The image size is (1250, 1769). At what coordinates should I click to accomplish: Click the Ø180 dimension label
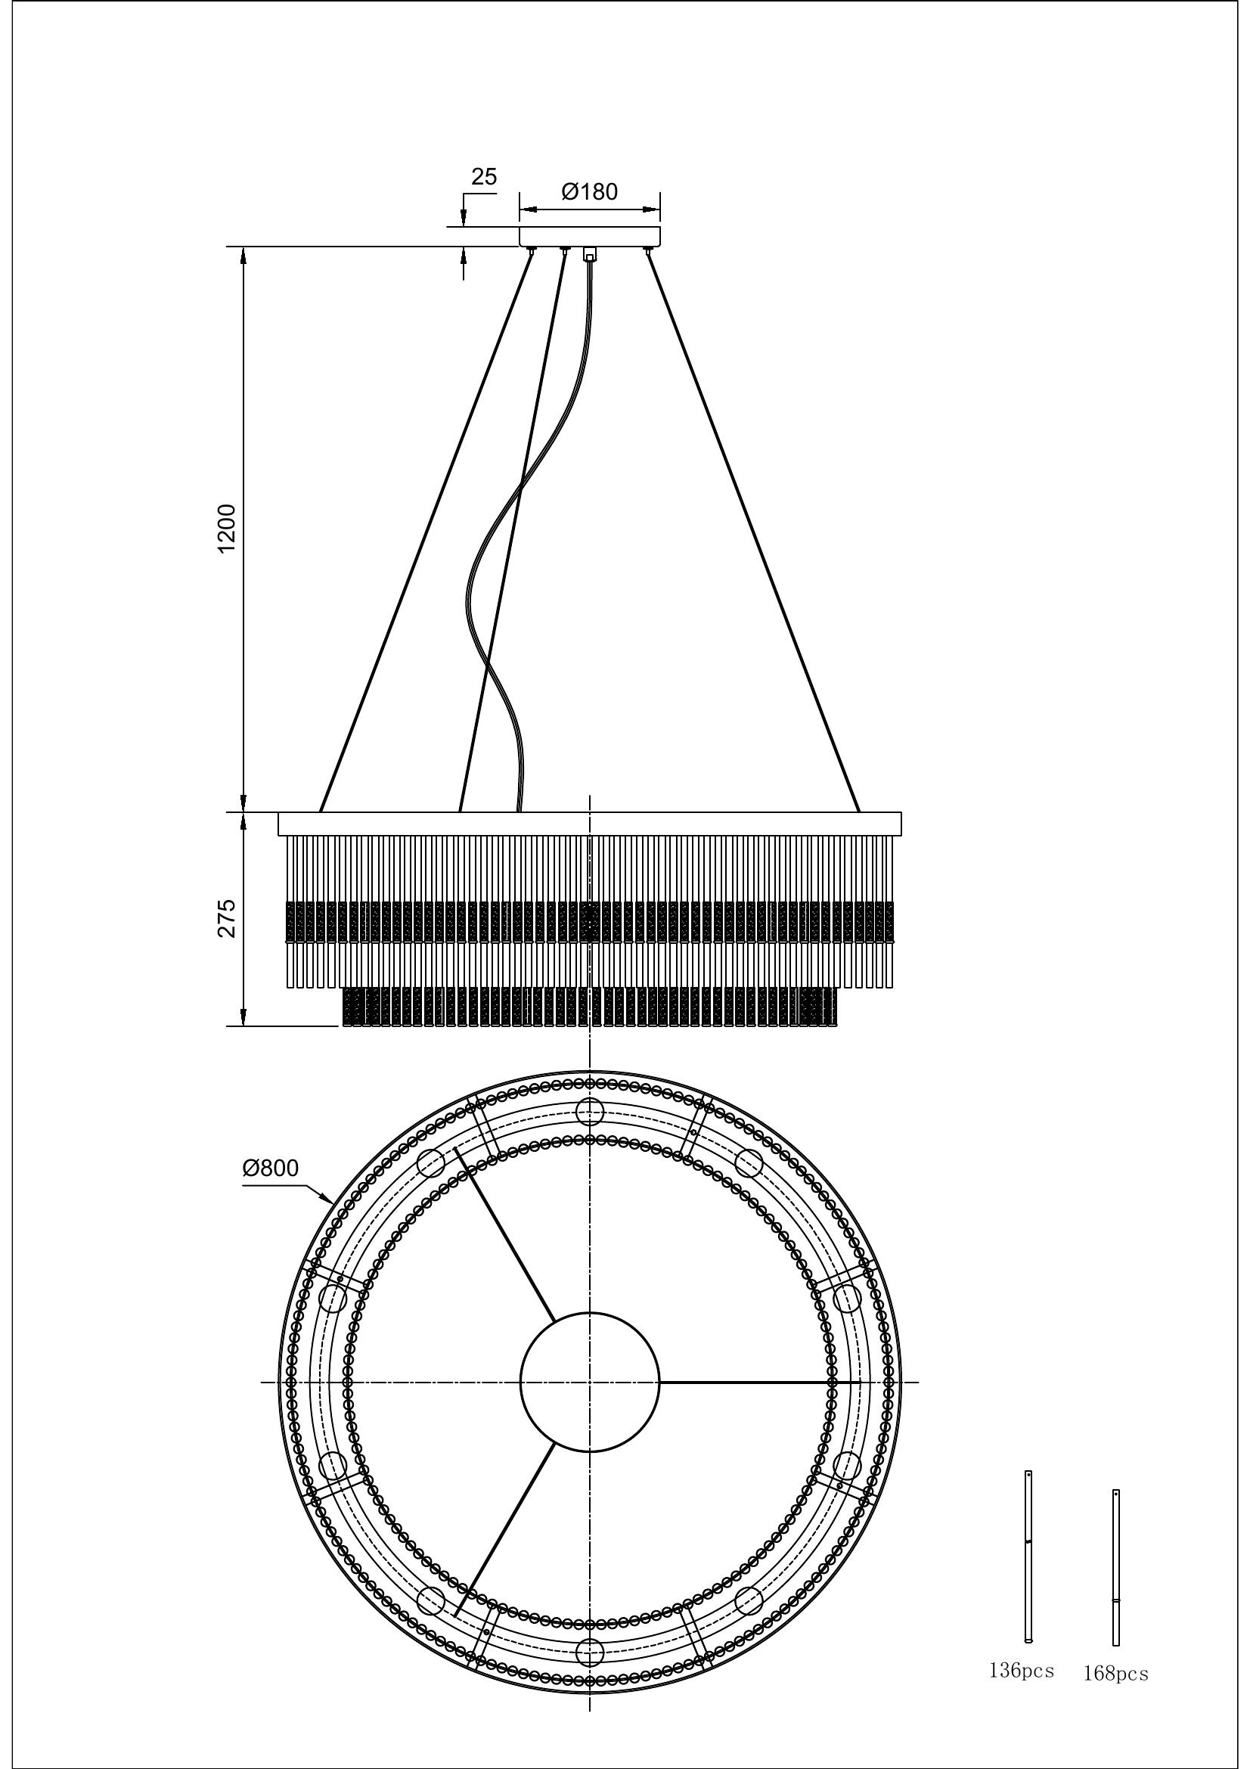[589, 191]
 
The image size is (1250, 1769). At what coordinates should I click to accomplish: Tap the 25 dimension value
[484, 176]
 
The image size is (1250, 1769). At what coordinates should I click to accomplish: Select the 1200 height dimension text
[226, 529]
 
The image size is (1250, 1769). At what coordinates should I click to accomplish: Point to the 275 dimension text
[226, 917]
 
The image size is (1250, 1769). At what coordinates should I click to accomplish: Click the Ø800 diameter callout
[269, 1168]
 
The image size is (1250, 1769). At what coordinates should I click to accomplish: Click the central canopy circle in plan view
[590, 1383]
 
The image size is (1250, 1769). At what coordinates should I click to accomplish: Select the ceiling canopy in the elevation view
[590, 236]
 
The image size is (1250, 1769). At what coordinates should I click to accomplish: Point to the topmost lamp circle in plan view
[590, 1111]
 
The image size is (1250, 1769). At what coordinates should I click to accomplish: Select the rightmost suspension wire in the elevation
[753, 532]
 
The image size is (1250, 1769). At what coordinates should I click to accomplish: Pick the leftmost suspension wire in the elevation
[426, 532]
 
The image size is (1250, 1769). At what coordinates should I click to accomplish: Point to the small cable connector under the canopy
[590, 253]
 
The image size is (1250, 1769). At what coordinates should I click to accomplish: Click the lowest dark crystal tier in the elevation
[588, 1007]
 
